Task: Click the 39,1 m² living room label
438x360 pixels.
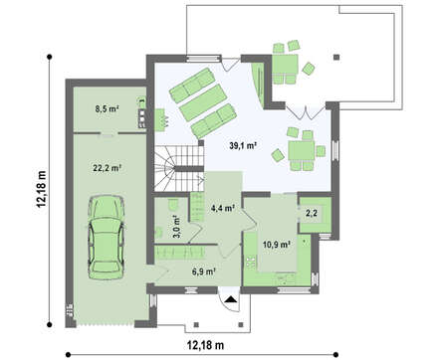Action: click(244, 145)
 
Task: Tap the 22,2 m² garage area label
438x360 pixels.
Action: click(107, 168)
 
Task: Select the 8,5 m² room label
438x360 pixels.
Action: click(108, 108)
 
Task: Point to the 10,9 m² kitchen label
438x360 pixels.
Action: click(277, 245)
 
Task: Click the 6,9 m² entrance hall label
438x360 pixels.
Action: click(204, 271)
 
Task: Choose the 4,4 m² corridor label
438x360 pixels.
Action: click(223, 208)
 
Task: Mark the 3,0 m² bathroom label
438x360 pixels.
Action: click(176, 227)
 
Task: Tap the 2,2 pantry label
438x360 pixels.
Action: click(312, 213)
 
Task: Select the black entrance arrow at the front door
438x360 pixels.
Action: click(230, 300)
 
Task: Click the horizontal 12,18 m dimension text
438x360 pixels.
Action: click(205, 345)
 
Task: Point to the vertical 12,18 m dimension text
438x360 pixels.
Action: click(42, 189)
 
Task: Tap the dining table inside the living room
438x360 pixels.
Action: click(302, 151)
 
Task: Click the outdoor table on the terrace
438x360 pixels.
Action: click(285, 65)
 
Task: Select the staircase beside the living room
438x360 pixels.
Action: click(179, 168)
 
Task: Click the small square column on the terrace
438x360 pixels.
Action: click(336, 57)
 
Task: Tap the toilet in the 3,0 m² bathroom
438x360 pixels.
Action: click(173, 204)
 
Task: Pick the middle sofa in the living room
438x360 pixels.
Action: click(203, 102)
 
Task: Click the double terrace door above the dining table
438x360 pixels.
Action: click(305, 111)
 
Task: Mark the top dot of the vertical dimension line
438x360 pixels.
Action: click(50, 57)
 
